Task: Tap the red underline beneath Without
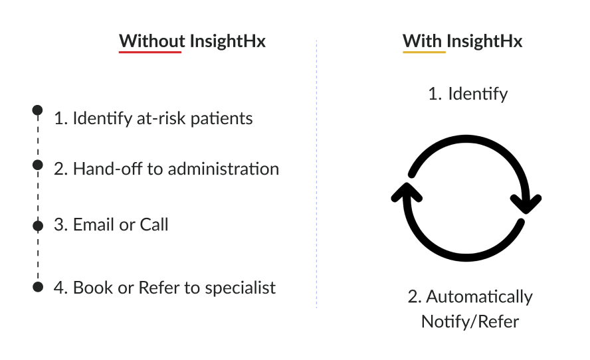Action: [x=150, y=52]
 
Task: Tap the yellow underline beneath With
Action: [x=424, y=52]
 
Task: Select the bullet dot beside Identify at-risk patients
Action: [x=38, y=110]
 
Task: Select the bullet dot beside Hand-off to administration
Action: [x=38, y=165]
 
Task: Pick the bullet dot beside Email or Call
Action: [x=38, y=226]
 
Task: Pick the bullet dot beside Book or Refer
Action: [x=38, y=287]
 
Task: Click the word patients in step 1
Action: [x=222, y=119]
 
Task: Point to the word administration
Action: [x=223, y=169]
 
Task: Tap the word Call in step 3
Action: [x=154, y=225]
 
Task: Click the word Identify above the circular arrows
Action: [x=478, y=94]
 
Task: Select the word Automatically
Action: [x=480, y=297]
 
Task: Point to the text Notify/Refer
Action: [x=470, y=321]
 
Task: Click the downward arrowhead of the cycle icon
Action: [x=526, y=204]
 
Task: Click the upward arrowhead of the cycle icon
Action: [x=407, y=192]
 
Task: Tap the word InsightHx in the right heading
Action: [x=484, y=41]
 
